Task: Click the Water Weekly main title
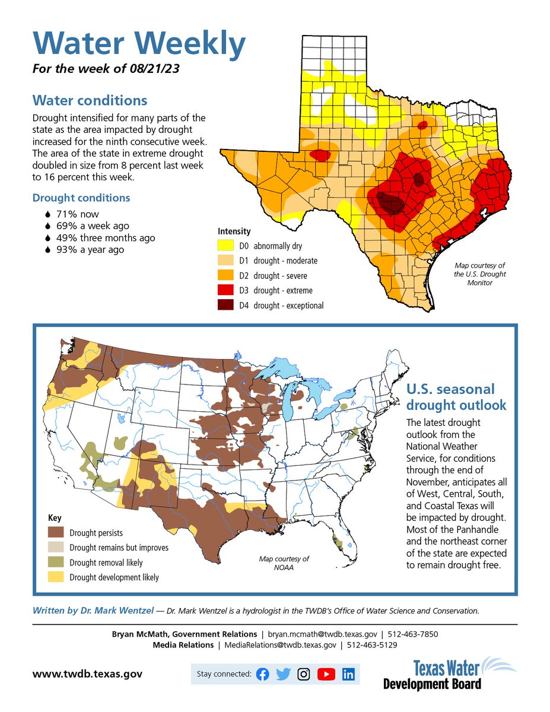pyautogui.click(x=139, y=43)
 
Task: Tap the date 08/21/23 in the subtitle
pyautogui.click(x=154, y=69)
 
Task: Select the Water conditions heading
pyautogui.click(x=90, y=100)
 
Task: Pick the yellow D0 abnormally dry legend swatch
pyautogui.click(x=225, y=246)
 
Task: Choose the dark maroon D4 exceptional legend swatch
pyautogui.click(x=225, y=305)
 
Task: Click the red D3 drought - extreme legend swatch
pyautogui.click(x=225, y=290)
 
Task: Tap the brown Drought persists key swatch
pyautogui.click(x=56, y=532)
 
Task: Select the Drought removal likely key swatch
pyautogui.click(x=56, y=562)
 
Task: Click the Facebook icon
pyautogui.click(x=262, y=674)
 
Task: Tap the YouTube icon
pyautogui.click(x=326, y=674)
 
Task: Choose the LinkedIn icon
pyautogui.click(x=348, y=674)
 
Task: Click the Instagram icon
pyautogui.click(x=304, y=674)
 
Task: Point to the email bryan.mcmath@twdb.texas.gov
pyautogui.click(x=322, y=634)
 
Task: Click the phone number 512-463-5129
pyautogui.click(x=372, y=645)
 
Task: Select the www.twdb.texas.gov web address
pyautogui.click(x=87, y=674)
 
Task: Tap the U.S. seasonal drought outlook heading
pyautogui.click(x=456, y=397)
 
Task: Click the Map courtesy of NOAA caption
pyautogui.click(x=284, y=563)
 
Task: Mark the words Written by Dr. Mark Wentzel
pyautogui.click(x=93, y=611)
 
